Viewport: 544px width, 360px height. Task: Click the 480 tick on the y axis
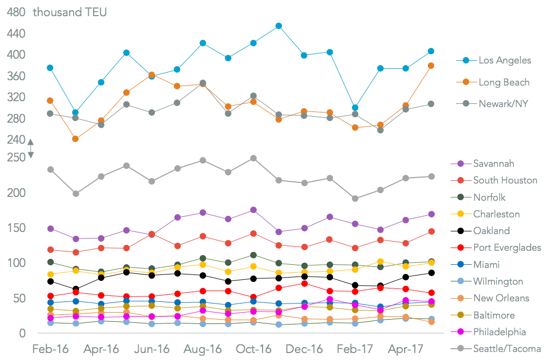[x=16, y=12]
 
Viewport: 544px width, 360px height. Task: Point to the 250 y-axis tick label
[x=16, y=157]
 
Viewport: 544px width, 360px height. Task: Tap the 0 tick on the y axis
[x=22, y=334]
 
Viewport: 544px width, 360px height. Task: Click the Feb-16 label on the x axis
[x=51, y=349]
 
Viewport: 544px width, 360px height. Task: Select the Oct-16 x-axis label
[x=253, y=349]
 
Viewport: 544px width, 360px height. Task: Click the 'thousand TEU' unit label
[x=70, y=12]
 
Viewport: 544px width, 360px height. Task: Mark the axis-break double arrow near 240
[x=31, y=149]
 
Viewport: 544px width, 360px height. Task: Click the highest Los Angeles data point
[x=279, y=26]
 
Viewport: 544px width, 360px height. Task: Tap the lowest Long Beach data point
[x=75, y=139]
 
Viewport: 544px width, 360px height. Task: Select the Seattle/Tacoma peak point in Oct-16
[x=253, y=158]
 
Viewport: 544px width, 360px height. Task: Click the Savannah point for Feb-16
[x=51, y=229]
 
